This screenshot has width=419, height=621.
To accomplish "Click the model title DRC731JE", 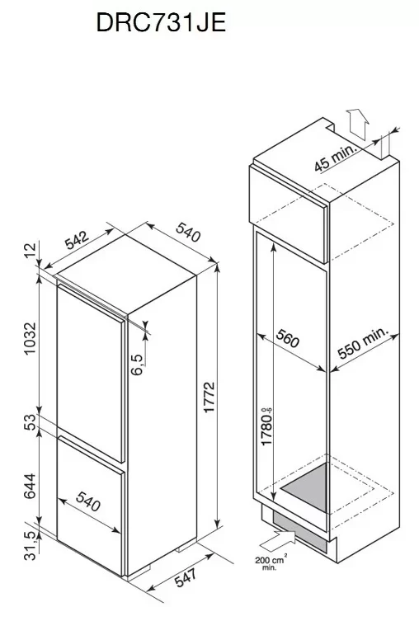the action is click(x=161, y=22).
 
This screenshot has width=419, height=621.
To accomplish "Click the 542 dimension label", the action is click(x=78, y=240).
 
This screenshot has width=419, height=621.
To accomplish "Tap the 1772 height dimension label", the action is click(x=209, y=397).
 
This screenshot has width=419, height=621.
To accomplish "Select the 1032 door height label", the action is click(x=30, y=339).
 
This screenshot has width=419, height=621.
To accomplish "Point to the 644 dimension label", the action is click(x=30, y=487).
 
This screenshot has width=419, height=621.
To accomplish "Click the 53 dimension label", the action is click(x=30, y=421).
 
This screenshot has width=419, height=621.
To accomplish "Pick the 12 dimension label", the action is click(x=30, y=251).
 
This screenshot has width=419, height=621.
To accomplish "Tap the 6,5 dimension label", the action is click(x=137, y=365).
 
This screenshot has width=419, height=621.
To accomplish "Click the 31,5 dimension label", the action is click(x=31, y=546).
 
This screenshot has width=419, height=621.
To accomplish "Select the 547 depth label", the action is click(x=186, y=577).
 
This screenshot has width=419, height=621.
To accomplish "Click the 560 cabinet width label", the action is click(x=287, y=338).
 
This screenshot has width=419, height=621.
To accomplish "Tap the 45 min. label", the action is click(x=336, y=158).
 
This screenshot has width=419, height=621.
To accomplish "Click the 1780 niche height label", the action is click(x=267, y=426).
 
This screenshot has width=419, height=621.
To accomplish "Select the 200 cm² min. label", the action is click(x=271, y=562).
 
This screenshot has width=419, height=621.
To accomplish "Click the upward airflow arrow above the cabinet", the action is click(x=357, y=123).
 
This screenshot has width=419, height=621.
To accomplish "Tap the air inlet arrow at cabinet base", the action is click(x=279, y=540).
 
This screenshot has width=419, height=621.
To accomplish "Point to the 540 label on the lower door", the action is click(x=87, y=501).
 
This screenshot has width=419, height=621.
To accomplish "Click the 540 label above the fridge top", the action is click(x=188, y=232).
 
